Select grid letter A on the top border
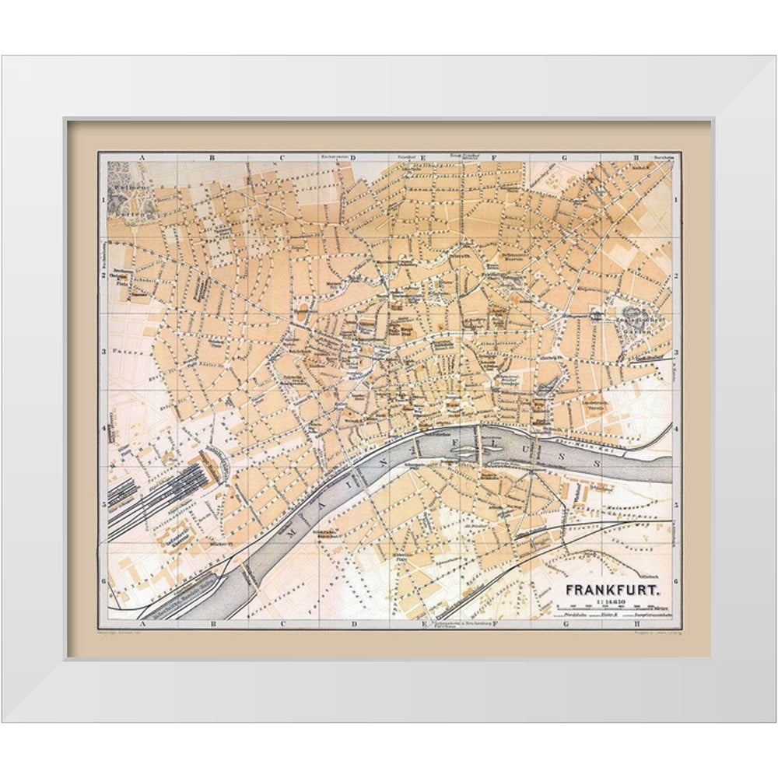pos(142,157)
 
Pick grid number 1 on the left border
pos(103,199)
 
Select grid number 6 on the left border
pos(103,580)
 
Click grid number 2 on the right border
pos(677,275)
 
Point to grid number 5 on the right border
pos(677,504)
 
